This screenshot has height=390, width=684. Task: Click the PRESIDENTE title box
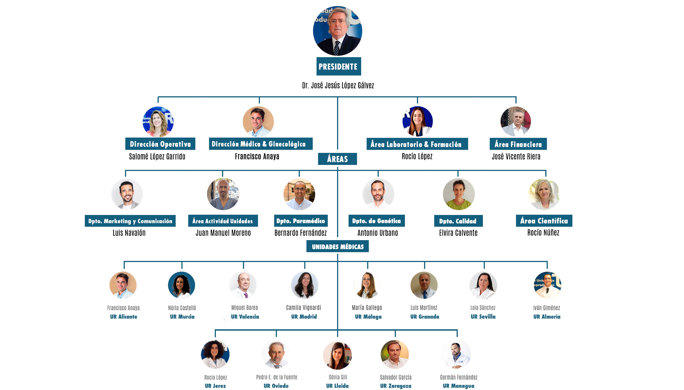click(338, 66)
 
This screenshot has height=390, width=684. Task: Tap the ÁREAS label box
click(337, 159)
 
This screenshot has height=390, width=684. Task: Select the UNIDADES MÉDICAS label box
click(337, 246)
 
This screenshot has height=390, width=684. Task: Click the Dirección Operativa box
click(160, 144)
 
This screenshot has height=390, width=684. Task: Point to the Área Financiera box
click(518, 144)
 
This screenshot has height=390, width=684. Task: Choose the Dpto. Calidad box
click(458, 221)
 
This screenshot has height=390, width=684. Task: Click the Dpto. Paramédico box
click(300, 221)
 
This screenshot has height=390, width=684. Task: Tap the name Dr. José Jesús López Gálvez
click(338, 86)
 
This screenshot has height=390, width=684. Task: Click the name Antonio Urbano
click(378, 233)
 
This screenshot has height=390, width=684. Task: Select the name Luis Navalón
click(129, 233)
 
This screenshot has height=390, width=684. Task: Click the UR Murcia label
click(182, 317)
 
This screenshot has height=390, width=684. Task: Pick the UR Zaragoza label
click(396, 386)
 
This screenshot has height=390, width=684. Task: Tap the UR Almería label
click(547, 317)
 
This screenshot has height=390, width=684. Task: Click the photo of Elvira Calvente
click(459, 194)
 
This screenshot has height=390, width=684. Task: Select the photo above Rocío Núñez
click(544, 194)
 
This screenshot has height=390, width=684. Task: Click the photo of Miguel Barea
click(243, 285)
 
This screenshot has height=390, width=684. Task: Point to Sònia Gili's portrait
click(337, 355)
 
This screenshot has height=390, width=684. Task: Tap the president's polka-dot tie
click(337, 48)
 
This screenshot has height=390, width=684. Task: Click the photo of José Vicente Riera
click(515, 121)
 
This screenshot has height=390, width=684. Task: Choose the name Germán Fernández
click(459, 377)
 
